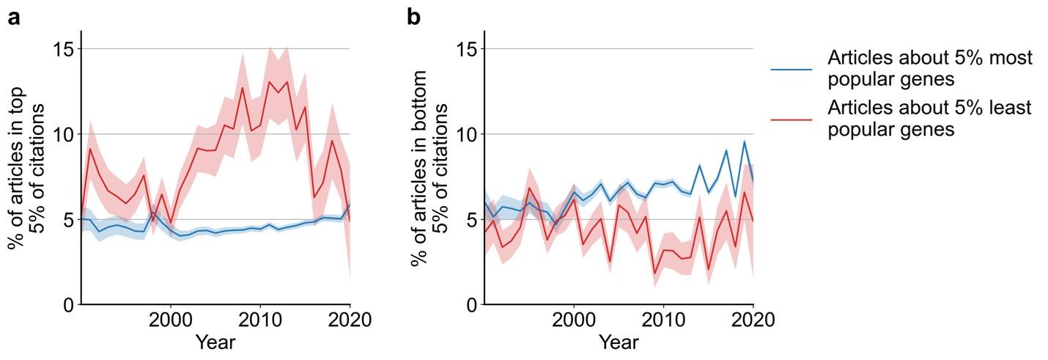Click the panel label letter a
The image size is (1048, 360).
[x=14, y=18]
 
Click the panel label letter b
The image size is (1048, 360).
[x=414, y=18]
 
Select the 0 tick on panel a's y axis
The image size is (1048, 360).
[x=68, y=304]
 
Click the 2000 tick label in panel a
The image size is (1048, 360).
[x=171, y=320]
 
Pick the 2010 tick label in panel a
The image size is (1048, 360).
[x=260, y=320]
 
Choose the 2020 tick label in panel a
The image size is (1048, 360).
[x=350, y=320]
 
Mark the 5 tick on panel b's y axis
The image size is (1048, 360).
[x=471, y=219]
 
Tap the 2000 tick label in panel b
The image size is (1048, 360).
[x=574, y=320]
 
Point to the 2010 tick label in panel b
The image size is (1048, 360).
[x=663, y=320]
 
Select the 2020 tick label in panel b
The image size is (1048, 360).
[x=753, y=320]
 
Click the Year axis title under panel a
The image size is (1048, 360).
[x=215, y=342]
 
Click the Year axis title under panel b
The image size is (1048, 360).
[x=619, y=342]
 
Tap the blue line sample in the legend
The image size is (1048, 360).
[x=791, y=69]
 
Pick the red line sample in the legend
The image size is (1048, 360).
[x=791, y=119]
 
